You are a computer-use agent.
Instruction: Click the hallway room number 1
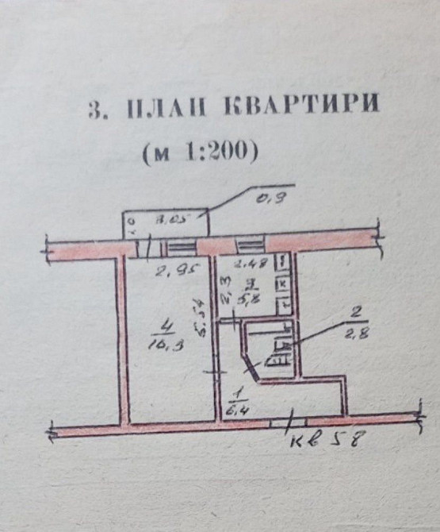point(236,394)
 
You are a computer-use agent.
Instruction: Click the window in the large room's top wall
point(179,245)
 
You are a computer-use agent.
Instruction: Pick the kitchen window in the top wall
point(248,245)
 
